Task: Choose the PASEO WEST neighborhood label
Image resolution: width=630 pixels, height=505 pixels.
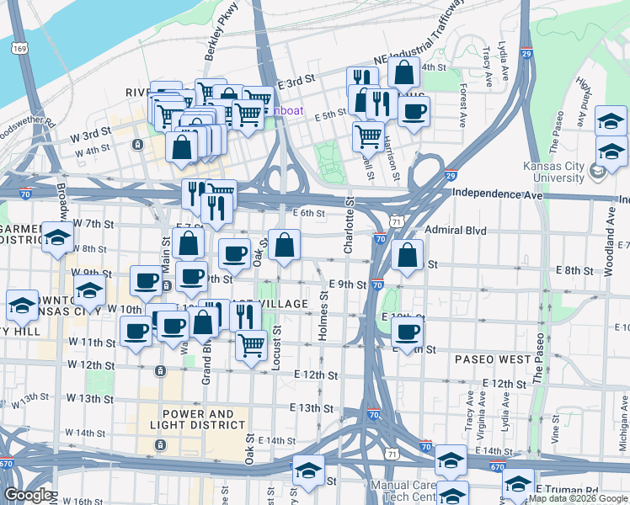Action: [x=494, y=359]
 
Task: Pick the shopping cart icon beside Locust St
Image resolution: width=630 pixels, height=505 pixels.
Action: [x=250, y=344]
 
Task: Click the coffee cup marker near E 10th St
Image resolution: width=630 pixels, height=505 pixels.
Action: [x=408, y=333]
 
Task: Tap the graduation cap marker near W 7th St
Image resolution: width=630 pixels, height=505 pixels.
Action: [x=57, y=238]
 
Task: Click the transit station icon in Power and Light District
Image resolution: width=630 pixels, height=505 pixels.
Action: [x=160, y=444]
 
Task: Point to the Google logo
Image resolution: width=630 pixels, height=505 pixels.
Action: [x=28, y=495]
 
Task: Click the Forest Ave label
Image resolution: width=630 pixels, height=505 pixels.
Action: [x=462, y=105]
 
